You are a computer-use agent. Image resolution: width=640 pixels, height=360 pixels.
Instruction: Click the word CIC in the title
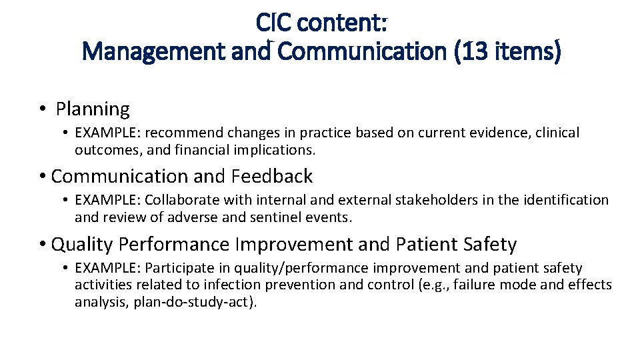point(274,23)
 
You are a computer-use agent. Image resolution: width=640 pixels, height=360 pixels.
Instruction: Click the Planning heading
point(93,109)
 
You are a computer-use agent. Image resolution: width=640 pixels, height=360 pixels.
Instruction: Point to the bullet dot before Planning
point(41,109)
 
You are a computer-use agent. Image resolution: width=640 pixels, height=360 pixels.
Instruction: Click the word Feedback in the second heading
point(272,176)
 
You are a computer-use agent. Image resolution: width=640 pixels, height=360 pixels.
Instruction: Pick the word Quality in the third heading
point(82,245)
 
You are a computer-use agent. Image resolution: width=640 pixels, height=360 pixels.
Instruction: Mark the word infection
point(256,285)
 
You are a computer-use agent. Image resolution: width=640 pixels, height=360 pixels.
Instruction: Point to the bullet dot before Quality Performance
point(41,245)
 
